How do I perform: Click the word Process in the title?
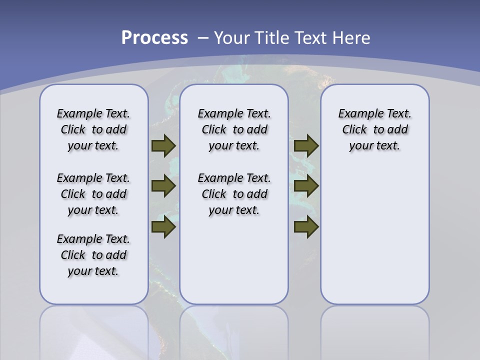point(154,38)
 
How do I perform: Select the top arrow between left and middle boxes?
point(163,145)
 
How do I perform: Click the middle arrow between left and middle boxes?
point(163,186)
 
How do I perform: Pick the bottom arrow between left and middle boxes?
point(163,227)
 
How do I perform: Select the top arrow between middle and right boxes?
point(306,145)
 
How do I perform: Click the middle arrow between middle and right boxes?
point(306,186)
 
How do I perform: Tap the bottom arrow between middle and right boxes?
point(306,227)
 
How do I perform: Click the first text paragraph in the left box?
point(93,129)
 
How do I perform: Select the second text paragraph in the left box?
point(93,194)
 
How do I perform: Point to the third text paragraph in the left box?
point(93,255)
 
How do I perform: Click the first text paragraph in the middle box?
point(234,129)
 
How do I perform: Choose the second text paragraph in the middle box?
point(234,194)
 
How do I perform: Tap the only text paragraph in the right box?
point(375,129)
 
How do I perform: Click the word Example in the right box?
point(357,113)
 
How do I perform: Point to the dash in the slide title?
point(203,38)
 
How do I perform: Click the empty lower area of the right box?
point(375,240)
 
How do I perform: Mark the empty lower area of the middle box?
point(234,260)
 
